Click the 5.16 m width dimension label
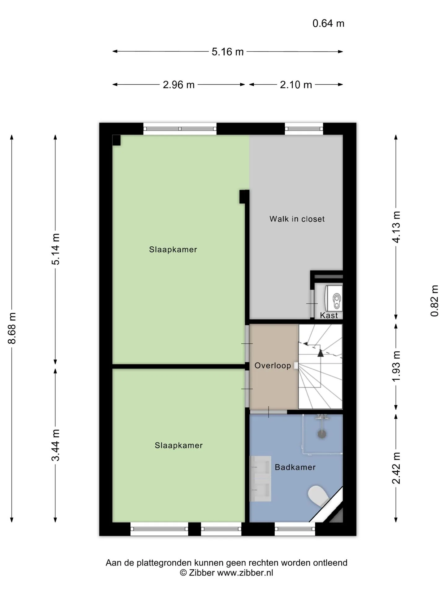pyautogui.click(x=228, y=52)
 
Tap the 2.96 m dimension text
pyautogui.click(x=179, y=85)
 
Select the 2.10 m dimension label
pyautogui.click(x=296, y=85)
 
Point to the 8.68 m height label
pyautogui.click(x=12, y=328)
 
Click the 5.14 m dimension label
pyautogui.click(x=56, y=249)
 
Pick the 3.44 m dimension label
pyautogui.click(x=56, y=445)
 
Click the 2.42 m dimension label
pyautogui.click(x=396, y=468)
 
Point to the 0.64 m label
pyautogui.click(x=328, y=24)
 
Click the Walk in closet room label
pyautogui.click(x=297, y=219)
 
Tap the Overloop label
pyautogui.click(x=273, y=366)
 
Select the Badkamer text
pyautogui.click(x=295, y=467)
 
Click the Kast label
pyautogui.click(x=329, y=315)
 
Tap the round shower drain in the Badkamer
pyautogui.click(x=322, y=434)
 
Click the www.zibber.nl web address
pyautogui.click(x=245, y=573)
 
